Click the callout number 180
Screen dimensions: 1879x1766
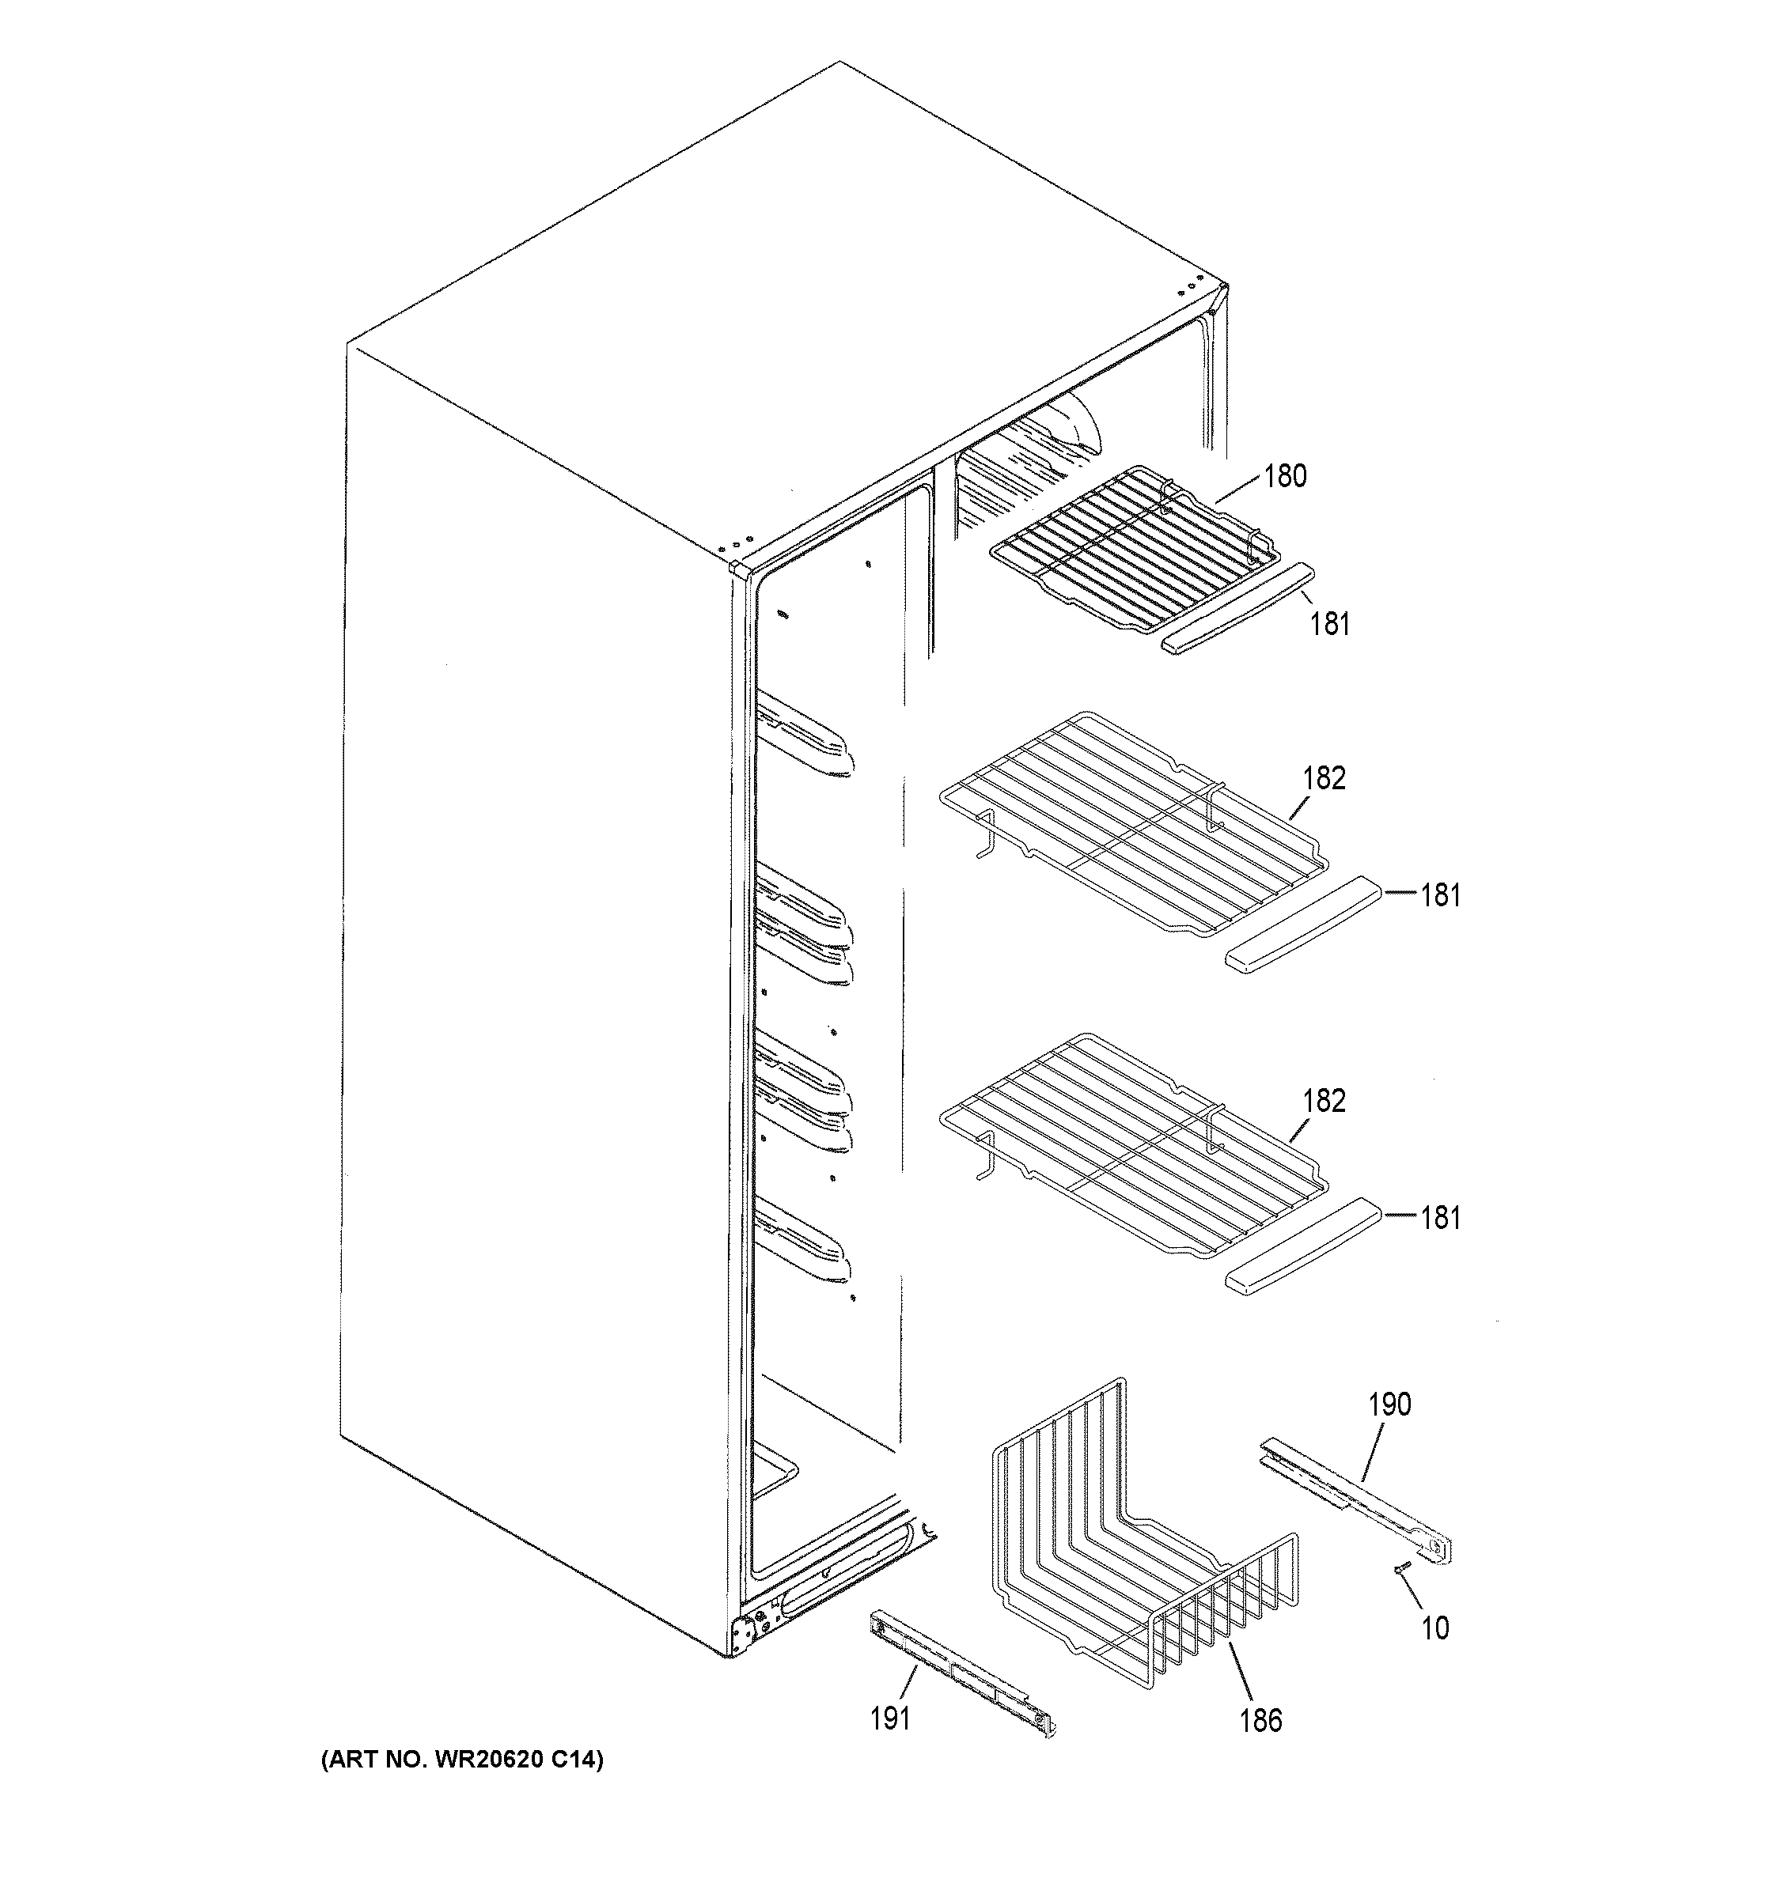click(1285, 475)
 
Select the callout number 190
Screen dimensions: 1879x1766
click(1389, 1405)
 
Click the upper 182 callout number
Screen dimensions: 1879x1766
click(1324, 778)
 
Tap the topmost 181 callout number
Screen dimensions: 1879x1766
click(1329, 624)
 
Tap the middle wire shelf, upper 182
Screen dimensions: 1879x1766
click(1135, 822)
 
